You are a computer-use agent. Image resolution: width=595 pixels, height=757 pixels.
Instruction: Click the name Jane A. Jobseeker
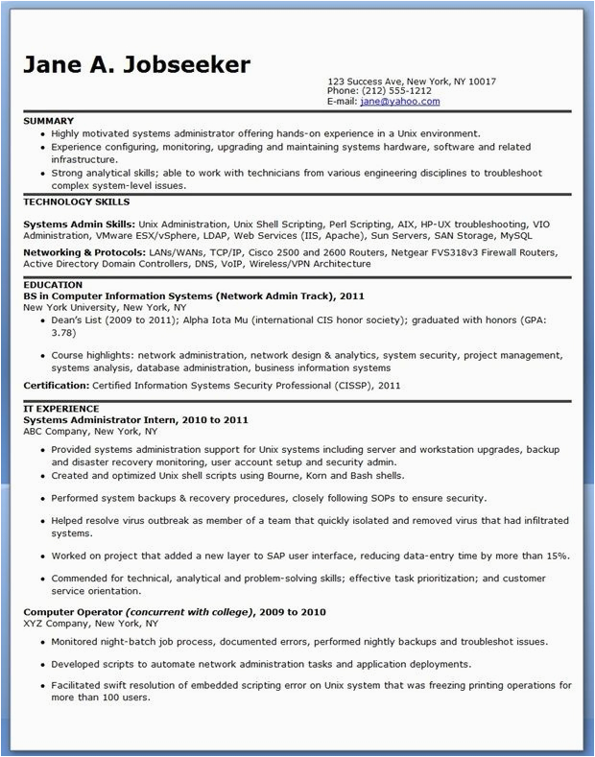click(x=136, y=64)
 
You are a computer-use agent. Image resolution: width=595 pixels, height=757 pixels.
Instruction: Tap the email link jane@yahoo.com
click(x=400, y=101)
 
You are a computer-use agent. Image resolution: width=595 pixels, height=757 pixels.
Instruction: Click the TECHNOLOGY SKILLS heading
click(x=76, y=201)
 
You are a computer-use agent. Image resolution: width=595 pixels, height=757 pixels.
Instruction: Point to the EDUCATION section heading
click(x=54, y=285)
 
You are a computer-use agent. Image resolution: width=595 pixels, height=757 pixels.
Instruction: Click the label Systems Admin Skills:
click(x=78, y=223)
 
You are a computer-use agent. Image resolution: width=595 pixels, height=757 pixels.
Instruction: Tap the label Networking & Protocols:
click(x=84, y=251)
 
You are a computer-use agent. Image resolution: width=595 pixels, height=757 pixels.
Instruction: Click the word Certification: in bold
click(x=57, y=385)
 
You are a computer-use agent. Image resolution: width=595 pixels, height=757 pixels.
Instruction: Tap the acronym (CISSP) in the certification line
click(x=345, y=385)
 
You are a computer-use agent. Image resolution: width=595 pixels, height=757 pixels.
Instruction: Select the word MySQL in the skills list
click(x=543, y=234)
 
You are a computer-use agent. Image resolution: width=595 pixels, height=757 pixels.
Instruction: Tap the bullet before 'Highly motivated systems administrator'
click(x=42, y=133)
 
